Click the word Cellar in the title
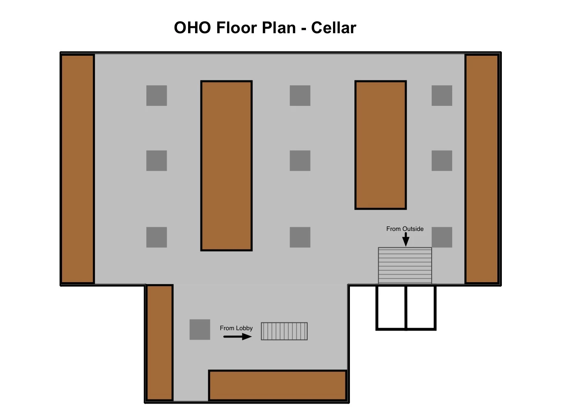(333, 27)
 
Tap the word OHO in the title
(193, 27)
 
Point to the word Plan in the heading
(279, 27)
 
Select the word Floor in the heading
(237, 27)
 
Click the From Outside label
(405, 229)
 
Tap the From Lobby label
(236, 328)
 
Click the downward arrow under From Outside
(406, 240)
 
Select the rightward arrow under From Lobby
(238, 337)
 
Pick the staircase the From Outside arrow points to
(405, 265)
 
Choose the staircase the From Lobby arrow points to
(284, 331)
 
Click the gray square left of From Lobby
(200, 329)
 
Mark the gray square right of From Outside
(442, 237)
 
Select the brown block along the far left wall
(78, 169)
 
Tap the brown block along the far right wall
(482, 169)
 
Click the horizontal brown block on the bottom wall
(278, 385)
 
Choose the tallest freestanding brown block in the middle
(226, 166)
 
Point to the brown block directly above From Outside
(381, 145)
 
